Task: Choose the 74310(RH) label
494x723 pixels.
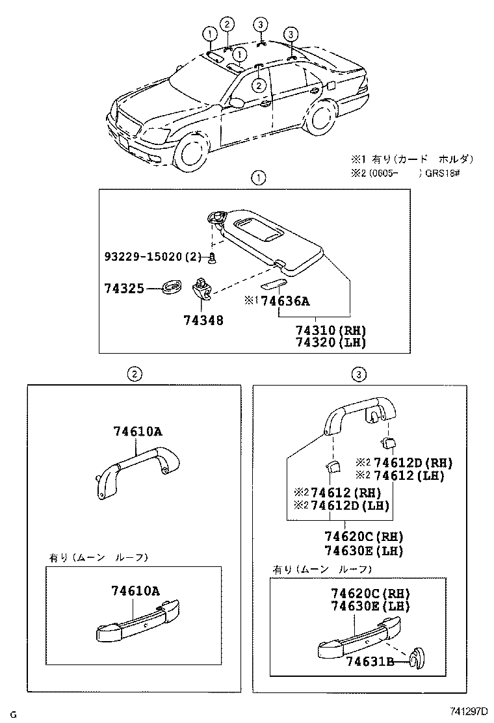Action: (x=330, y=330)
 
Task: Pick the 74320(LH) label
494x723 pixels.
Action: (x=330, y=343)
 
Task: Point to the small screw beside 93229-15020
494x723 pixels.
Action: (x=211, y=259)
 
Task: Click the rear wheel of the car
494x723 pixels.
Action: (x=319, y=119)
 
